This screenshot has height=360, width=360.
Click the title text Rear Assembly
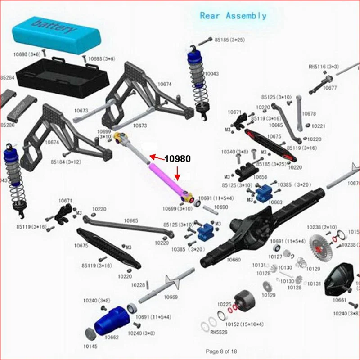pos(233,16)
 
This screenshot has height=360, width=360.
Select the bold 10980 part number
pos(177,159)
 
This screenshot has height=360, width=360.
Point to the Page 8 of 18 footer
pos(221,351)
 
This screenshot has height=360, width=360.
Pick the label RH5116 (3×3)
pos(324,66)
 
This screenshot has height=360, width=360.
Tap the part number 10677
pos(330,88)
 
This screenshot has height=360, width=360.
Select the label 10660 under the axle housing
pos(234,260)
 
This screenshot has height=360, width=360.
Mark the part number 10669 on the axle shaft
pos(171,297)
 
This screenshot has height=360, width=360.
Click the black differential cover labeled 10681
pos(341,279)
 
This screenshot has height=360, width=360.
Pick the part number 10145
pos(90,346)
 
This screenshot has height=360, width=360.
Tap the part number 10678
pos(309,114)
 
